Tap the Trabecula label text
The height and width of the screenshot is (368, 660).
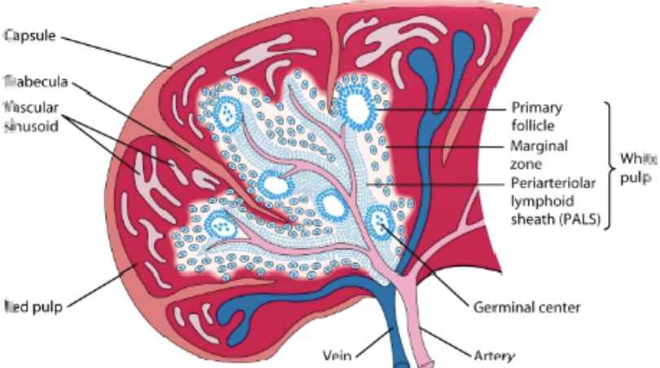(x=37, y=82)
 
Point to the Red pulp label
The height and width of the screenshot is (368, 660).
(x=33, y=307)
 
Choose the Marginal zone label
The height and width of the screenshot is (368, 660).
(x=537, y=154)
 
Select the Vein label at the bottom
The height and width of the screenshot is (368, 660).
(x=336, y=355)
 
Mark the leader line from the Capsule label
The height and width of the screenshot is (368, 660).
(x=114, y=50)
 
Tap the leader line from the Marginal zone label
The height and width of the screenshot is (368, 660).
(x=444, y=147)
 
